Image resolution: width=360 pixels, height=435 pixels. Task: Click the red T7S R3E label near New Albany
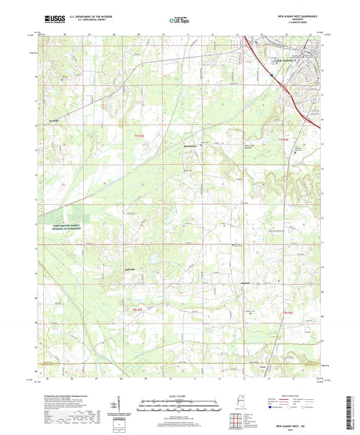pyautogui.click(x=288, y=140)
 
